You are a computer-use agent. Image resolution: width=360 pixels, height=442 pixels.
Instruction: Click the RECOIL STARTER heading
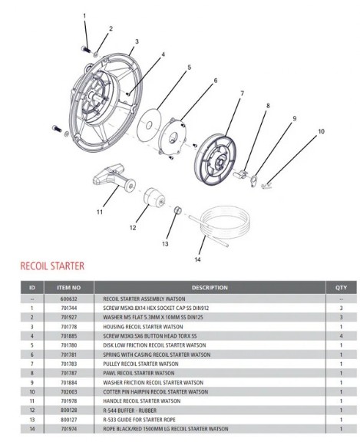point(52,266)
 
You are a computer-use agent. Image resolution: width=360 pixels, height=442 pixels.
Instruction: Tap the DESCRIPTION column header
point(210,288)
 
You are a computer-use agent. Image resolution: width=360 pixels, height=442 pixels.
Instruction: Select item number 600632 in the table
point(69,299)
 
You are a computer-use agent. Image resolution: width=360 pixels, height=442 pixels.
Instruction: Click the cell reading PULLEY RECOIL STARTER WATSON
point(140,364)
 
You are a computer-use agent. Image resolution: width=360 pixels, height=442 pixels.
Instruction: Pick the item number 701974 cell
point(69,429)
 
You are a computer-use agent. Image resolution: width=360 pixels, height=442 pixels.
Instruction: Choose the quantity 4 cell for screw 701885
point(341,336)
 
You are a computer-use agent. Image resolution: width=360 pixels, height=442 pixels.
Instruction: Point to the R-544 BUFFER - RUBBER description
point(130,411)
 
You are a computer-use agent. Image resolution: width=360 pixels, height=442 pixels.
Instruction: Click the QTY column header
point(341,288)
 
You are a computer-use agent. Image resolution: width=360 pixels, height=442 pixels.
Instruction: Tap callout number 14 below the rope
point(197,259)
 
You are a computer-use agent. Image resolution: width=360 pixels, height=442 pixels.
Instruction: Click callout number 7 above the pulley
point(242,93)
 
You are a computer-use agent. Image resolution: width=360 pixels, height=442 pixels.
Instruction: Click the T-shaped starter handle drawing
point(114,178)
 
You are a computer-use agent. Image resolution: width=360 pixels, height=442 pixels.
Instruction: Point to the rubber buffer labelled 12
point(154,196)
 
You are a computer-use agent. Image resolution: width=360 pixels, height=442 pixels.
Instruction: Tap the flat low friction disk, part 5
point(149,124)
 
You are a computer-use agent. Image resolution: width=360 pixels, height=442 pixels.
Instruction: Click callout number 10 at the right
point(321,131)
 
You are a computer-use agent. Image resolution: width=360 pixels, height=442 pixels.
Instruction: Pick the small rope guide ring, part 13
point(177,210)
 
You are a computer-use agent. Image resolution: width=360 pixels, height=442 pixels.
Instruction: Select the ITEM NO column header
point(69,288)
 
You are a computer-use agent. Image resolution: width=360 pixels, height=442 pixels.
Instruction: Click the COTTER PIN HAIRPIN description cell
point(156,392)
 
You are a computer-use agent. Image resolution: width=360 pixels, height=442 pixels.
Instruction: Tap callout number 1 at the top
point(84,16)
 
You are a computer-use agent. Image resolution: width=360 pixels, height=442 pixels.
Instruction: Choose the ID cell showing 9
point(32,382)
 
